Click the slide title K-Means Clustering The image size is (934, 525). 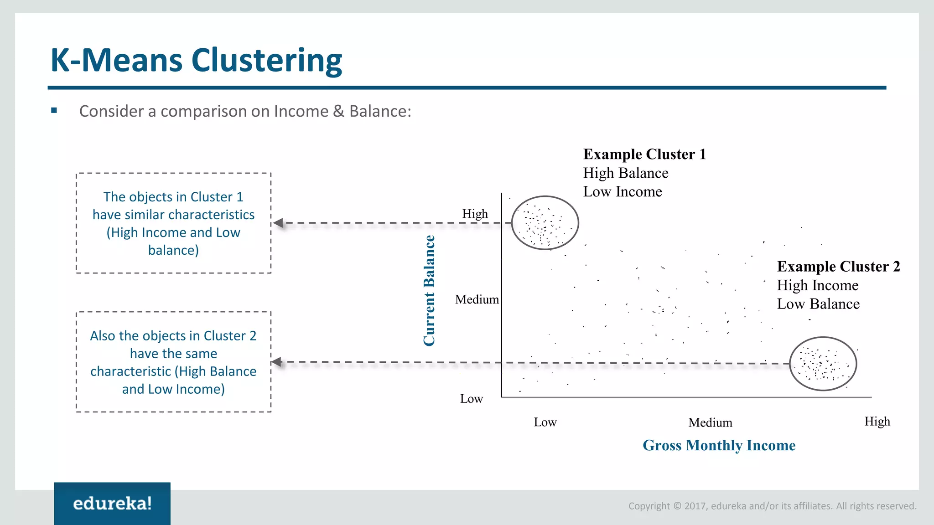tap(196, 60)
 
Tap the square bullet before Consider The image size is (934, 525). tap(54, 110)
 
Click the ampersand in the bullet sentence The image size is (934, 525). tap(338, 111)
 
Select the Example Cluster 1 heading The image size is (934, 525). tap(644, 154)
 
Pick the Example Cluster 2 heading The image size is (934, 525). tap(838, 266)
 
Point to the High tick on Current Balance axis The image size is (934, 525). tap(475, 214)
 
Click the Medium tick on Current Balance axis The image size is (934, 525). tap(477, 299)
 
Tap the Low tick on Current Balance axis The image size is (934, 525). tap(471, 399)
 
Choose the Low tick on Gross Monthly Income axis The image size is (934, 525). tap(545, 422)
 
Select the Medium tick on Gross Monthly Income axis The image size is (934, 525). tap(710, 422)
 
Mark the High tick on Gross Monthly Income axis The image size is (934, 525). tap(877, 421)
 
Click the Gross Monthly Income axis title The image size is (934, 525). tap(719, 445)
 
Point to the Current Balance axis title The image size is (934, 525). tap(429, 291)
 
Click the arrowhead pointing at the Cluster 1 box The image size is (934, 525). tap(278, 223)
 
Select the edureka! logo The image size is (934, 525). tap(112, 504)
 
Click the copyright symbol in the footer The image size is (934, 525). tap(677, 506)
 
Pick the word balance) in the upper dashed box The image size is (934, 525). tap(173, 250)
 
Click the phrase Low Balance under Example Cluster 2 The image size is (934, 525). tap(818, 304)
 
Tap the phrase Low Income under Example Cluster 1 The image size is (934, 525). tap(623, 192)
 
